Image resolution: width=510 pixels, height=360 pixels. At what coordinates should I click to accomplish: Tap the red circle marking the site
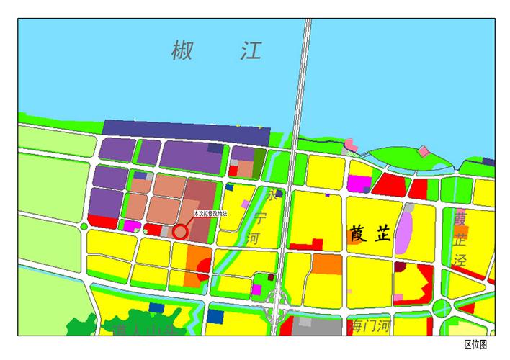[179, 232]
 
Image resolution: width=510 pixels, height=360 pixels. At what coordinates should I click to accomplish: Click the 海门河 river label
[370, 325]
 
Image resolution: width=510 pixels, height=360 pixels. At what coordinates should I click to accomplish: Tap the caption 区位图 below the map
[475, 346]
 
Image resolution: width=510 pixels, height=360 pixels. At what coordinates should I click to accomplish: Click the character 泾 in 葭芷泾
[460, 261]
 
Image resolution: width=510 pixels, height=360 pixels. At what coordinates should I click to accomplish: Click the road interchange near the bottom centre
[276, 305]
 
